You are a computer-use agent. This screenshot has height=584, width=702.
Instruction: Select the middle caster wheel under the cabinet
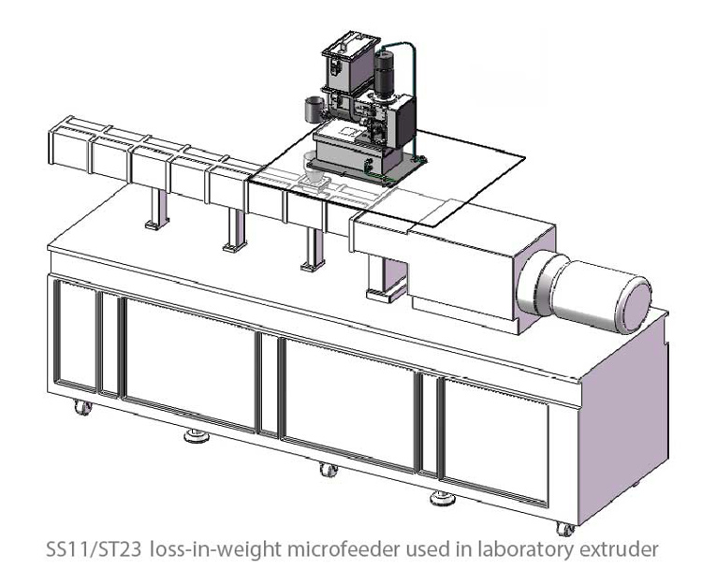[328, 469]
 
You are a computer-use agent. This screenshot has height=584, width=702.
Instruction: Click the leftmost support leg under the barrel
[153, 206]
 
